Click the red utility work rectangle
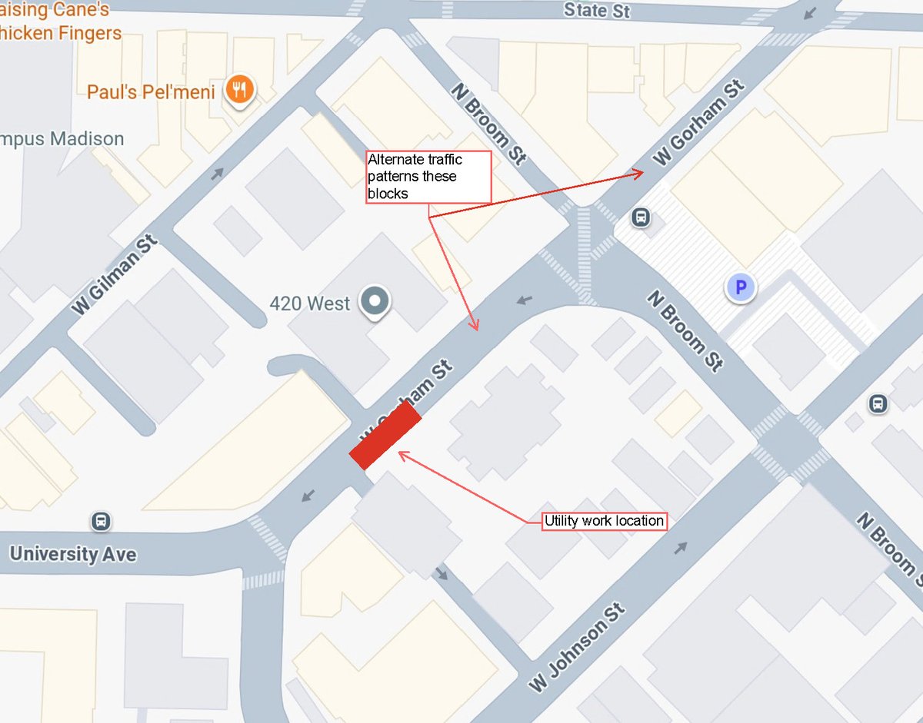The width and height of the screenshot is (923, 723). point(385,436)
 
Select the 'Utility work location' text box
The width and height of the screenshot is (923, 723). point(604,521)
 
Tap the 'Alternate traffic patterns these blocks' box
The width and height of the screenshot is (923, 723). point(428,177)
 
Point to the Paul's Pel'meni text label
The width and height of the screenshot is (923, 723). point(150,92)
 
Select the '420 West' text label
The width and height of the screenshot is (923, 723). point(309,303)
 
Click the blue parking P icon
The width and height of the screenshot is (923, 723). point(741,288)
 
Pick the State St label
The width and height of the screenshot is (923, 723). point(596,11)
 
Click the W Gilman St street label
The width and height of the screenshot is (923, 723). point(115,275)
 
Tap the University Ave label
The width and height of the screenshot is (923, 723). point(73,554)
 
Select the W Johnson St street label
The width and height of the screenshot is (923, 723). point(576,648)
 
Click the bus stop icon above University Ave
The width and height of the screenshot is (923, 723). point(100,522)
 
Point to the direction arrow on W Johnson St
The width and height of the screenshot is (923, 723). point(681,548)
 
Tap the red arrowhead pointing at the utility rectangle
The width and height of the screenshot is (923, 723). point(402,456)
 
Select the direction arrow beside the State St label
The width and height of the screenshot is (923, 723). point(811,14)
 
